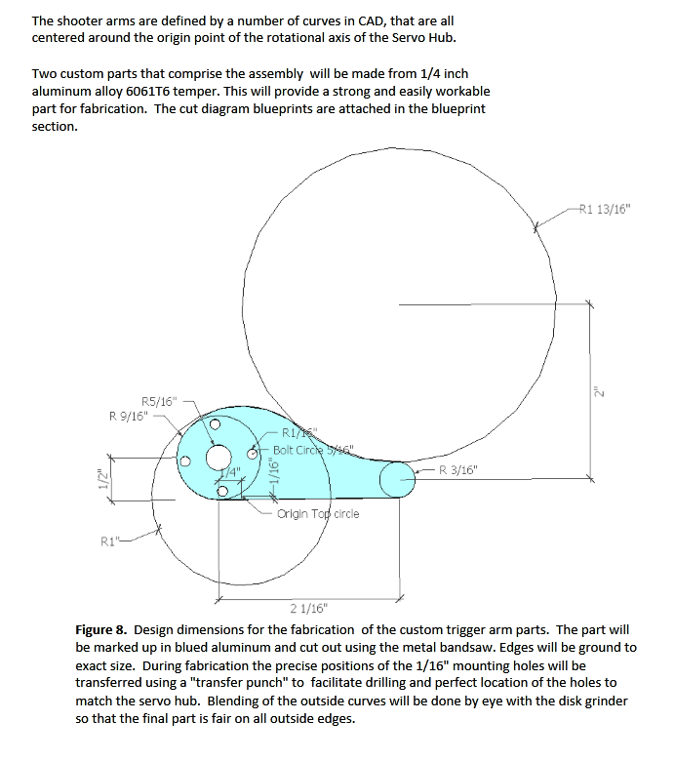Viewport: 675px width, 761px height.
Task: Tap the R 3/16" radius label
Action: tap(458, 469)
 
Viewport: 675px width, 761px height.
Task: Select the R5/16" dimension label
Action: tap(160, 400)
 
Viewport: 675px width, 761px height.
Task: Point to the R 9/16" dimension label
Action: tap(129, 415)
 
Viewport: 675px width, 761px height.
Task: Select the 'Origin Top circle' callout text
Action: tap(318, 513)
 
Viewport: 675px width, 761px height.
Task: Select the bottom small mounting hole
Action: tap(223, 491)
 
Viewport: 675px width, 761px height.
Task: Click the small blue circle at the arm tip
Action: tap(396, 479)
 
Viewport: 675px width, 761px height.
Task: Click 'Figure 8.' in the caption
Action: tap(104, 630)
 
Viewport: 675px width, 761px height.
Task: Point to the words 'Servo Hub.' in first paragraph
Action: tap(422, 37)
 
